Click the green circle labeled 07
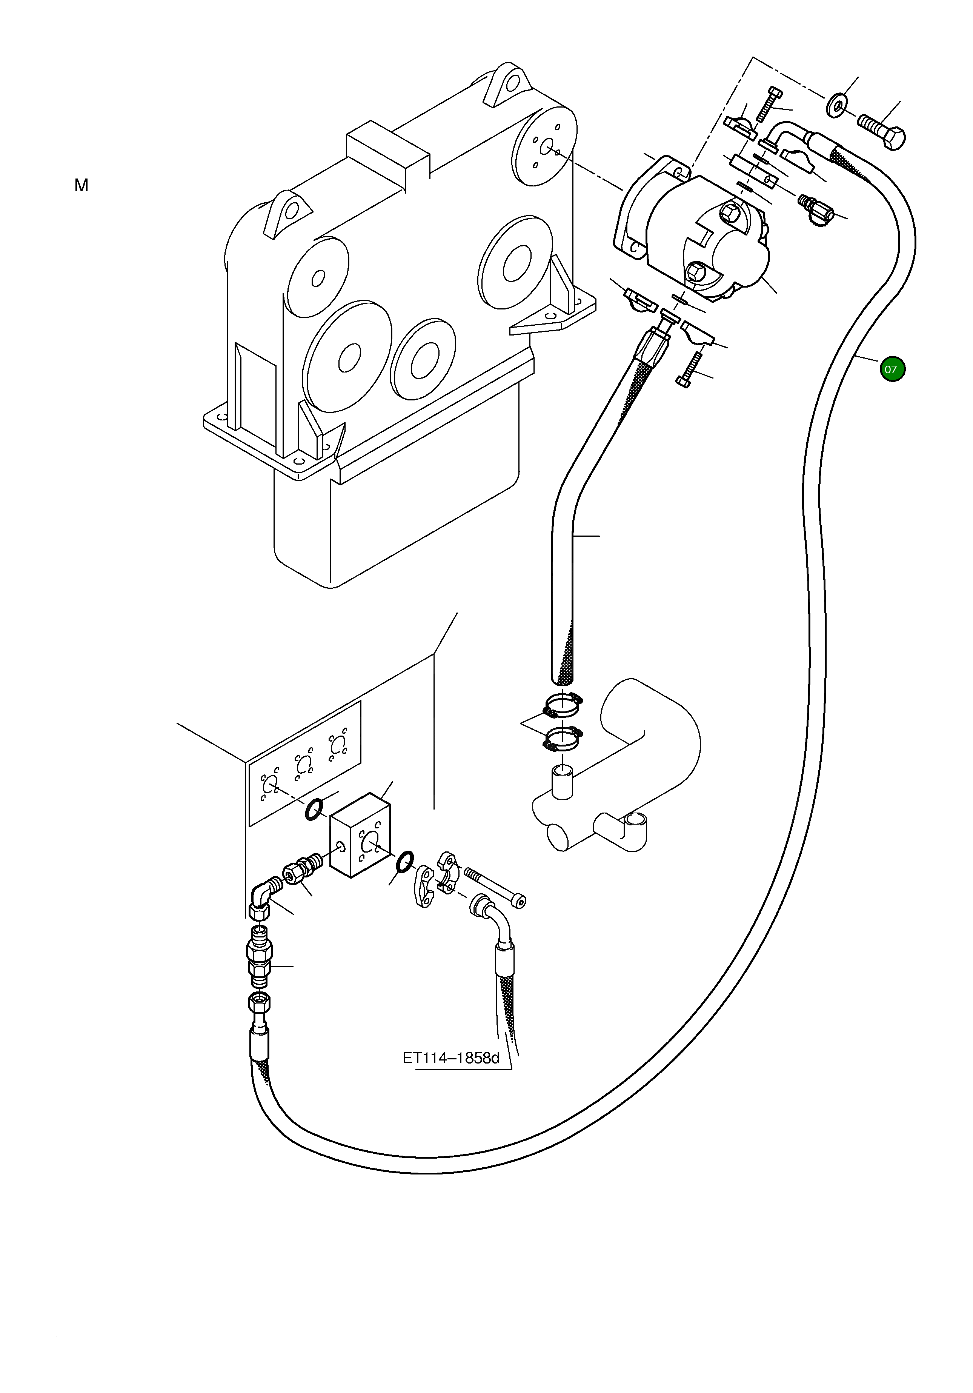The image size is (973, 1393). (x=892, y=369)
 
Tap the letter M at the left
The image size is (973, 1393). (x=81, y=186)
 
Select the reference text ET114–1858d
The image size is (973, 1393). (x=451, y=1058)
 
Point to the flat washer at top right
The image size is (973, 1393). (x=836, y=105)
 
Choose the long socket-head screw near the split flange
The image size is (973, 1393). (x=494, y=886)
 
